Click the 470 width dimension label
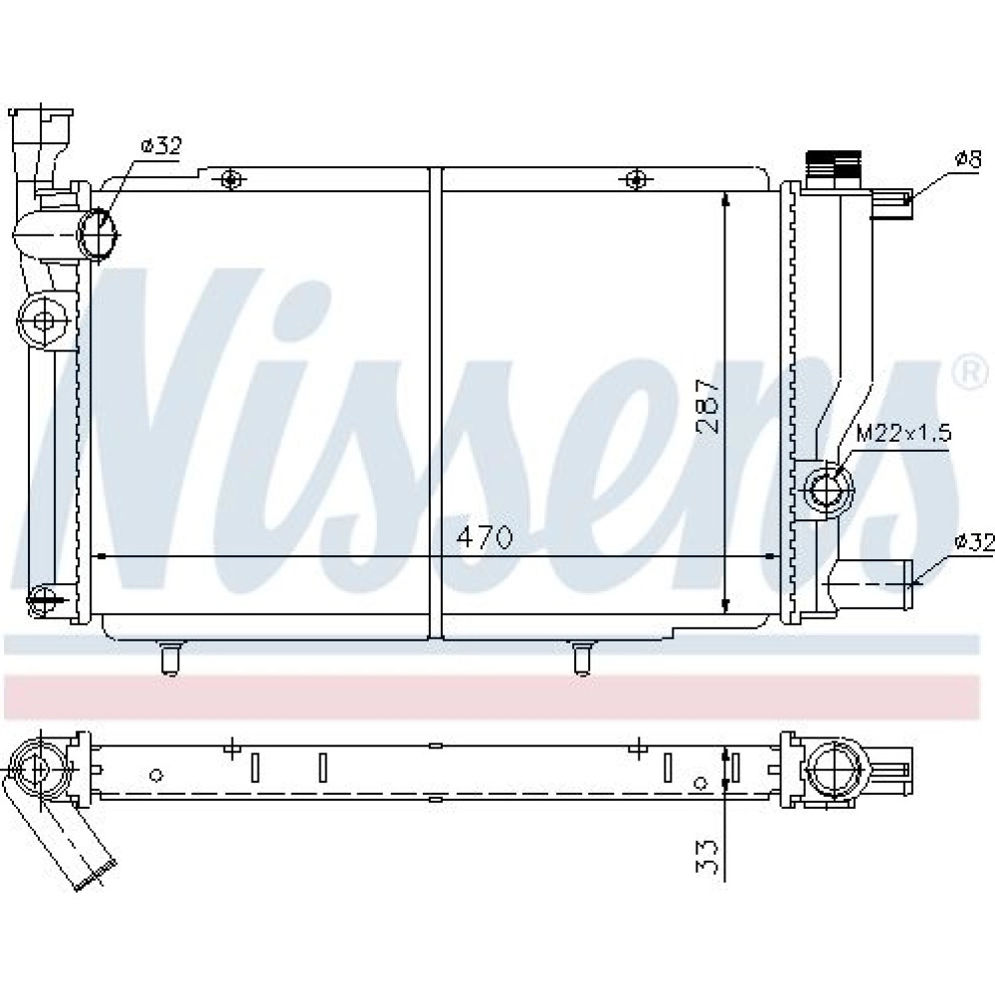pyautogui.click(x=485, y=538)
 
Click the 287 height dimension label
pyautogui.click(x=708, y=406)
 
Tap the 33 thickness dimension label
pyautogui.click(x=708, y=858)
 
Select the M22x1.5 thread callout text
pyautogui.click(x=903, y=434)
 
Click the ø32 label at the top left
pyautogui.click(x=162, y=146)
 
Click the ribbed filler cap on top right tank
pyautogui.click(x=833, y=163)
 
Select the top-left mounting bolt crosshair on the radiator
pyautogui.click(x=232, y=179)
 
